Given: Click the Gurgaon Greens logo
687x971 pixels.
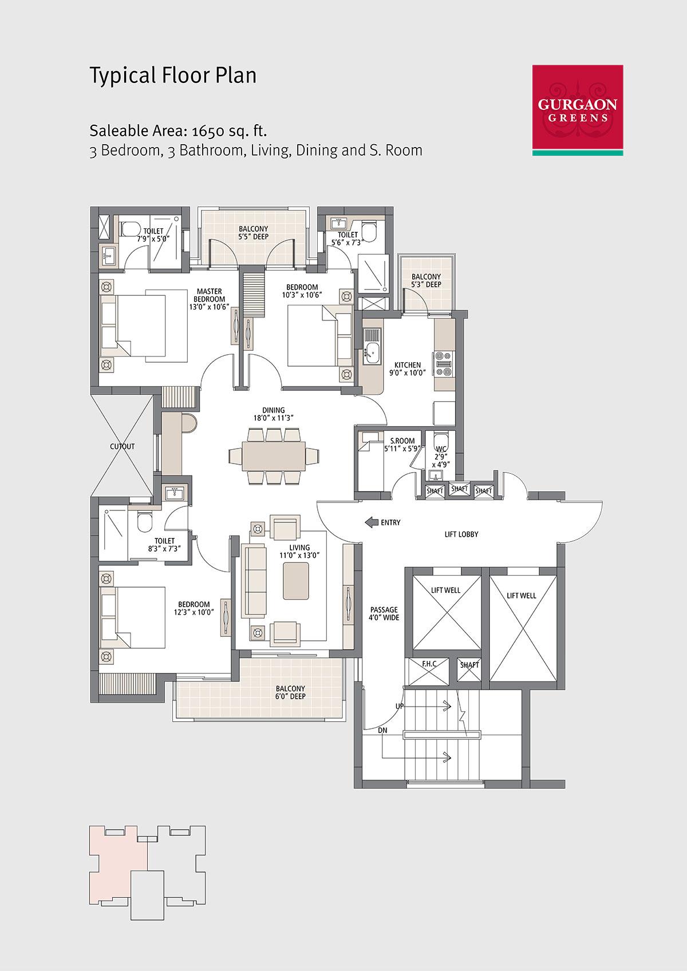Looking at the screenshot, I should click(x=578, y=110).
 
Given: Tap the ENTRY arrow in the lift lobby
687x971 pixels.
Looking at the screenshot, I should click(x=372, y=522).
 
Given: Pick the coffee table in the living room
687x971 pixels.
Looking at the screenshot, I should click(x=296, y=581).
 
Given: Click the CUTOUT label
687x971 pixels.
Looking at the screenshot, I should click(x=122, y=446).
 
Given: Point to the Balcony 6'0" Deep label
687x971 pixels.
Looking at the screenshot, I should click(x=290, y=692).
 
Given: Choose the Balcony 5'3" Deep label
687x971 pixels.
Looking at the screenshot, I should click(x=426, y=280).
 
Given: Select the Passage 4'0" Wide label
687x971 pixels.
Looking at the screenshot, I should click(x=384, y=613).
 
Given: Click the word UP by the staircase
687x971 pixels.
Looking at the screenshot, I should click(x=400, y=706).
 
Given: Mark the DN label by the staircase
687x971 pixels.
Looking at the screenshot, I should click(x=382, y=731).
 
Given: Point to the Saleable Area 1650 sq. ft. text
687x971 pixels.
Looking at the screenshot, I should click(x=179, y=130).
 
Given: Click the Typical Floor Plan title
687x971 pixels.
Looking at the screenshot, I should click(x=172, y=75).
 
